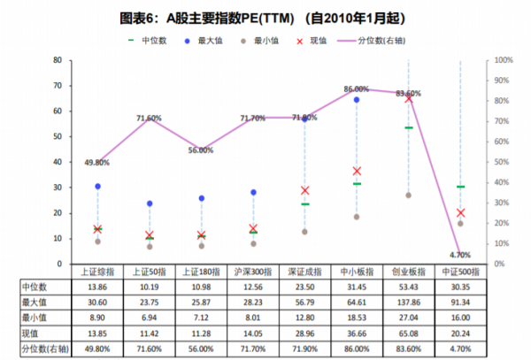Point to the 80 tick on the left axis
(x=58, y=60)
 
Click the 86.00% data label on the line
(x=356, y=88)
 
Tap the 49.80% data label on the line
(x=96, y=163)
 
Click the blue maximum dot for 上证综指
(x=97, y=187)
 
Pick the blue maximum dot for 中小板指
(x=357, y=100)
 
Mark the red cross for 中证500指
(x=460, y=213)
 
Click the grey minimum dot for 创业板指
(x=408, y=195)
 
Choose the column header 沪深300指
(x=253, y=272)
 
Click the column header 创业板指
(x=408, y=272)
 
